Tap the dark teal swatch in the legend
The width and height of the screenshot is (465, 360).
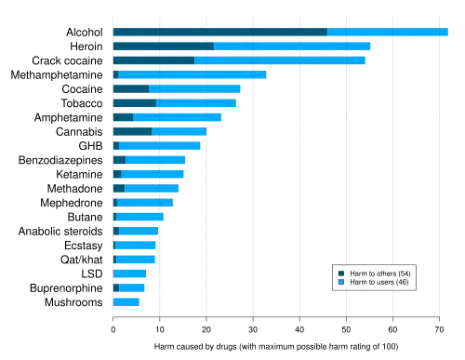[341, 273]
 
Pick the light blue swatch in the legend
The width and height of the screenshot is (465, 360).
[341, 282]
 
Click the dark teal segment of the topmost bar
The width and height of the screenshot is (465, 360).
[219, 31]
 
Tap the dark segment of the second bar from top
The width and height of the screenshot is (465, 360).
[163, 46]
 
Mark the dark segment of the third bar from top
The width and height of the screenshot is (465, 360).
[153, 60]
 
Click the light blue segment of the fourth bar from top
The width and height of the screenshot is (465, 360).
[193, 74]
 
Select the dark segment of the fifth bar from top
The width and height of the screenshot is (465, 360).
[130, 89]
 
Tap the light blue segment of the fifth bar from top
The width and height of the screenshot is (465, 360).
[196, 89]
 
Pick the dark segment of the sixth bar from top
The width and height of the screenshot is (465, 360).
[134, 104]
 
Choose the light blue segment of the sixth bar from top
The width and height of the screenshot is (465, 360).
[196, 104]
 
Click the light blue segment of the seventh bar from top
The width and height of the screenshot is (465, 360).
[178, 118]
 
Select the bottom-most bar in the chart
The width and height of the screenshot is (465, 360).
[127, 303]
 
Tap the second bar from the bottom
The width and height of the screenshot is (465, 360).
[130, 288]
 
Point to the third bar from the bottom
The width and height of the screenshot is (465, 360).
[131, 274]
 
